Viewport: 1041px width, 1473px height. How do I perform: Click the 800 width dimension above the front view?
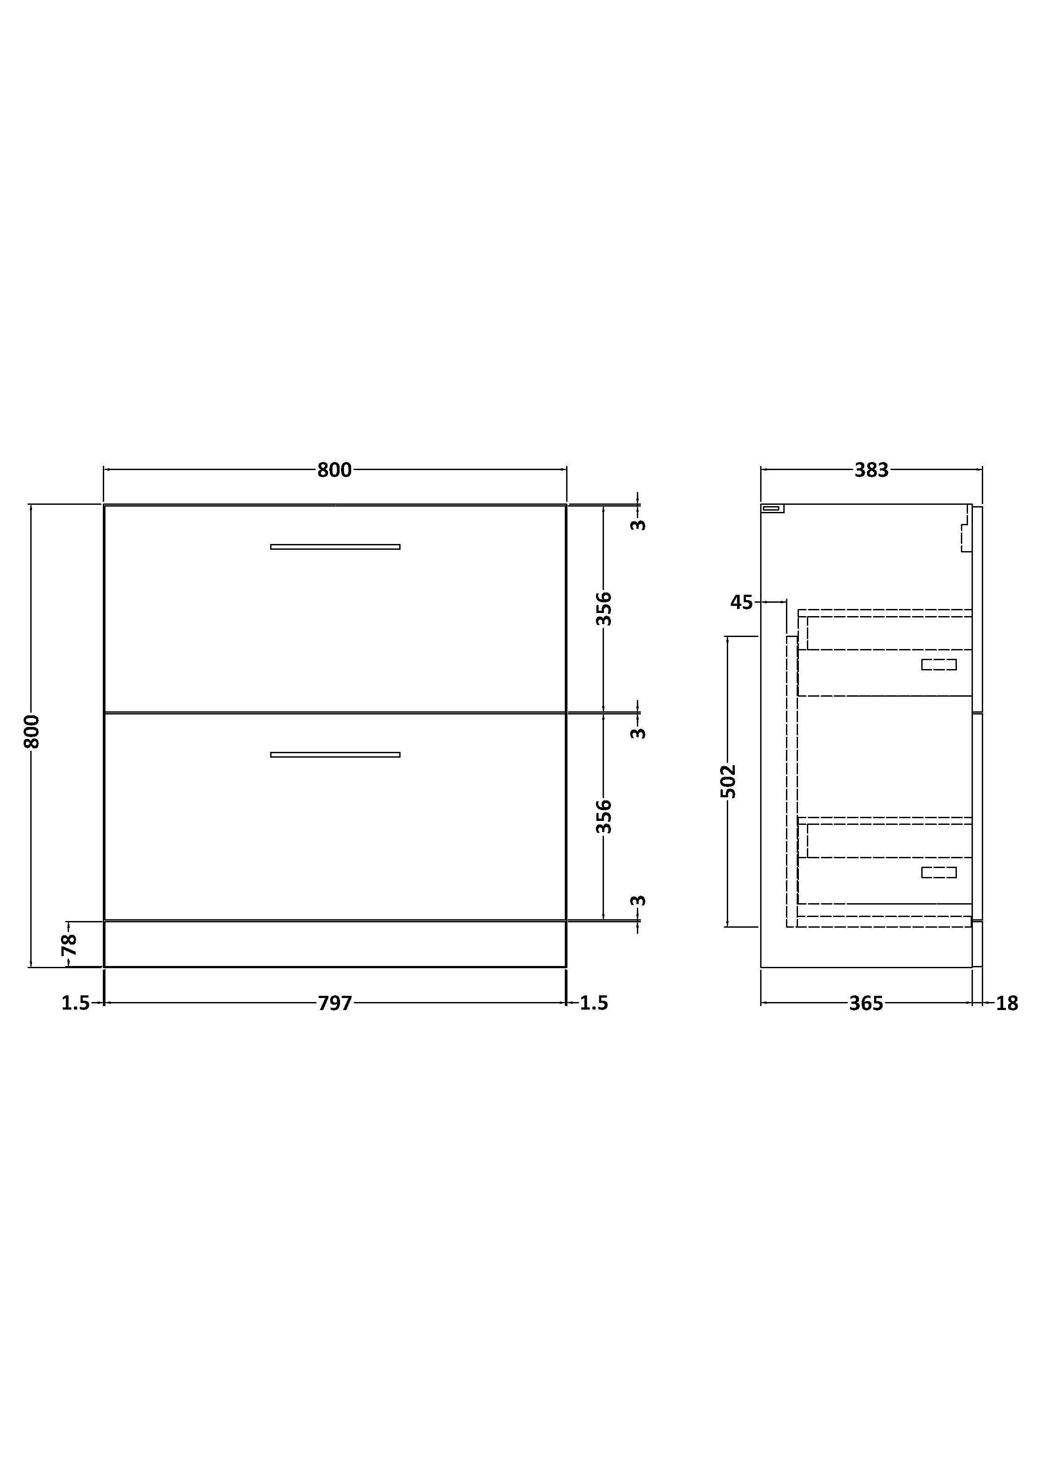pyautogui.click(x=334, y=470)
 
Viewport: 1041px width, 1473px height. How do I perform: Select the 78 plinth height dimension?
pyautogui.click(x=69, y=944)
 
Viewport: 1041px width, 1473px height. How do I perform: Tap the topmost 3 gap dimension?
pyautogui.click(x=638, y=525)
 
